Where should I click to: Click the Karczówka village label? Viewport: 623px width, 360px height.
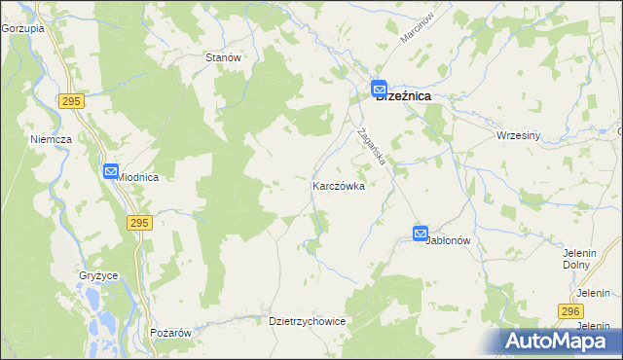338,186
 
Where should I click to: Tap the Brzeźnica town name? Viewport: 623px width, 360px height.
404,97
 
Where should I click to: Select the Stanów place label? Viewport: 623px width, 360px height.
223,57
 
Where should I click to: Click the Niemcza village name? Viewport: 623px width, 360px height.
52,139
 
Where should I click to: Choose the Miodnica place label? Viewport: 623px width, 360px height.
138,178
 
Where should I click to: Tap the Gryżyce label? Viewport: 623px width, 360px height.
98,275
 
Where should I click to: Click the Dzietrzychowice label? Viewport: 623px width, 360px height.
308,320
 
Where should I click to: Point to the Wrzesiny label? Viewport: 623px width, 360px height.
518,135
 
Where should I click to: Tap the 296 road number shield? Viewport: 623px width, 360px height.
571,309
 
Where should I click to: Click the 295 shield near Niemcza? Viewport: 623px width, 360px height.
70,100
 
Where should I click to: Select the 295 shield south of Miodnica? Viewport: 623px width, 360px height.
138,223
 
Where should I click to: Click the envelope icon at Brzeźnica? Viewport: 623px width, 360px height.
379,88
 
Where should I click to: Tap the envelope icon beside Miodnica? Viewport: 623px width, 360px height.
110,171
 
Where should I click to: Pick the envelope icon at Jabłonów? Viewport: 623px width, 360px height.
420,234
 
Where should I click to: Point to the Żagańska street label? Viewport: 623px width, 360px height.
373,146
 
